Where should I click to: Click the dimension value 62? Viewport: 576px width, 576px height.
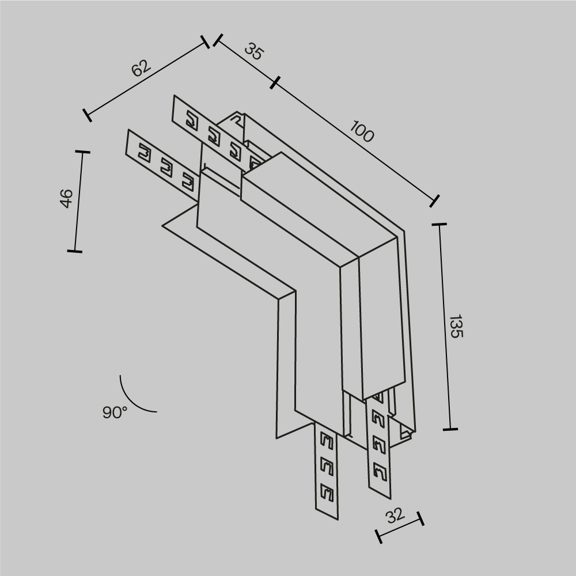tap(141, 68)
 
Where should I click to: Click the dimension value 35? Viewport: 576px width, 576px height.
tap(253, 51)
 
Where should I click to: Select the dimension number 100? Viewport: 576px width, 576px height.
tap(362, 133)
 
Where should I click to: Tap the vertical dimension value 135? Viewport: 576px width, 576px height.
tap(456, 326)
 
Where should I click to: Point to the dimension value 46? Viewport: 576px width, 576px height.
tap(67, 198)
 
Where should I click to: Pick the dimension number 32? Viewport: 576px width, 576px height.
tap(395, 516)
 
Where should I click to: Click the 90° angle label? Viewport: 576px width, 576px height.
tap(115, 412)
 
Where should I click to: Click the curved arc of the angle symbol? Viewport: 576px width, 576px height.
tap(132, 401)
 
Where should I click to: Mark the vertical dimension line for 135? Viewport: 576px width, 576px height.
tap(445, 326)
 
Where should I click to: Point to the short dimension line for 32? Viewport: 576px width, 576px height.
tap(400, 528)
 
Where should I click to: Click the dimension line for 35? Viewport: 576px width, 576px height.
tap(245, 62)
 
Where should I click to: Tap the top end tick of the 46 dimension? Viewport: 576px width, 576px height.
tap(82, 152)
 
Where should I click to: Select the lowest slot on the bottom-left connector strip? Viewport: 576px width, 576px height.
tap(327, 492)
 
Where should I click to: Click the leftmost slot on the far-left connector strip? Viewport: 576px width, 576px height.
tap(143, 153)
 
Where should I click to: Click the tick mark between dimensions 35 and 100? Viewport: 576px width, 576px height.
tap(274, 83)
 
